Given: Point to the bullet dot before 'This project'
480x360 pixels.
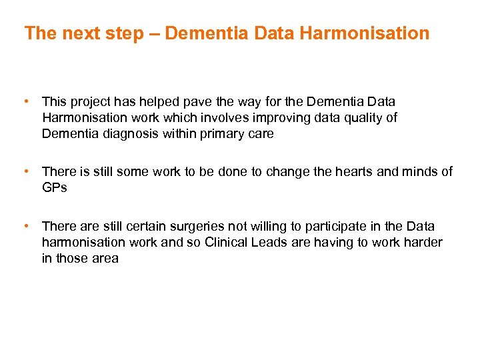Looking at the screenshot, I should [26, 101].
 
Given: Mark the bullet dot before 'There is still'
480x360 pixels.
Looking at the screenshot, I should [26, 171].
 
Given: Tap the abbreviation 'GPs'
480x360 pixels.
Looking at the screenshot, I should [55, 188].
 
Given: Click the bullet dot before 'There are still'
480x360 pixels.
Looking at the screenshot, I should [26, 225].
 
